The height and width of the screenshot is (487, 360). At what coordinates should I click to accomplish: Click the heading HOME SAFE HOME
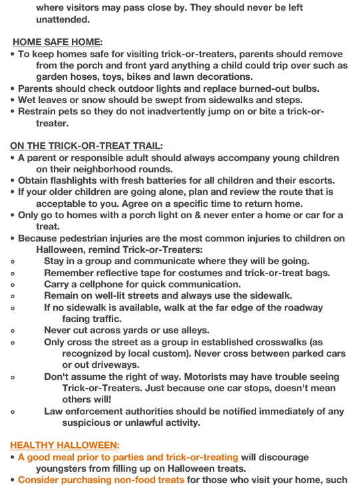[57, 42]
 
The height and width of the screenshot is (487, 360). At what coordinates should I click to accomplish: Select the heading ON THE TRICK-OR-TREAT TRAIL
[86, 146]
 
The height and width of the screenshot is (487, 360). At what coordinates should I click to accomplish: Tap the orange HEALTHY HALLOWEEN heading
[65, 445]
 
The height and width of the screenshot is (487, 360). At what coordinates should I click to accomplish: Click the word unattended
[63, 19]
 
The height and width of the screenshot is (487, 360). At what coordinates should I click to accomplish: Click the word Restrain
[39, 112]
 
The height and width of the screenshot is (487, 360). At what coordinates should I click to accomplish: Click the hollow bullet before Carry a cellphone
[13, 285]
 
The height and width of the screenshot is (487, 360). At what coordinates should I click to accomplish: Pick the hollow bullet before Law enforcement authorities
[13, 412]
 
